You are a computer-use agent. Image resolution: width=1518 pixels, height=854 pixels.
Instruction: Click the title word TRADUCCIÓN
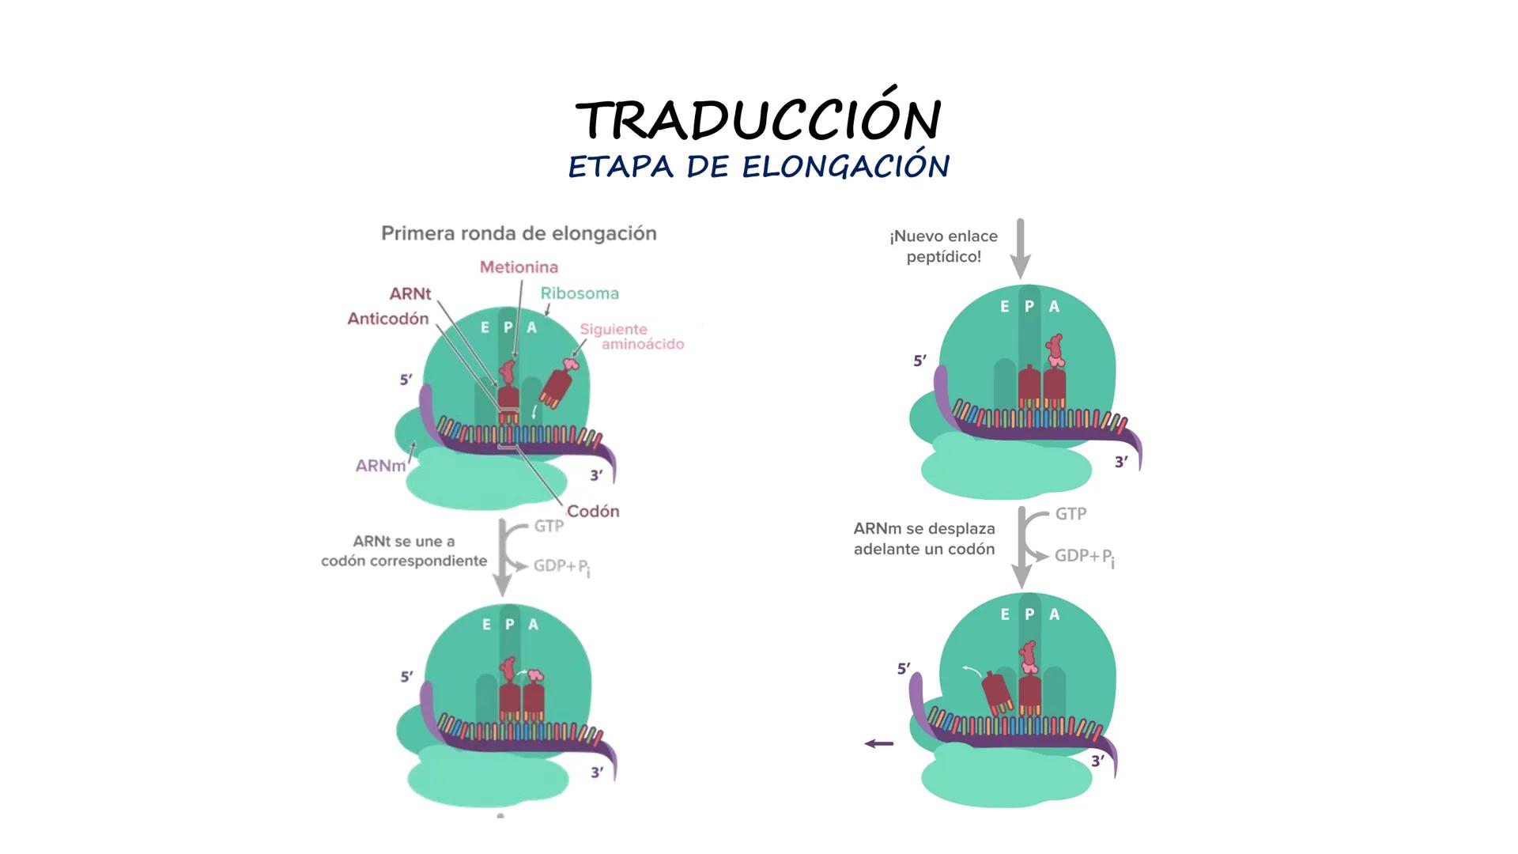[x=758, y=120]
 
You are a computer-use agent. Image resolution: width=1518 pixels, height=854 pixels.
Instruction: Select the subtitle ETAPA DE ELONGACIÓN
[x=758, y=167]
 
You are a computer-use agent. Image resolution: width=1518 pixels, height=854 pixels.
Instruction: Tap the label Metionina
[x=519, y=267]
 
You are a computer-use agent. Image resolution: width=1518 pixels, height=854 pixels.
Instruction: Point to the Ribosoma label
[x=580, y=293]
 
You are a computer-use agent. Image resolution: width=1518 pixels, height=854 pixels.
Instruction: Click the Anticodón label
[x=388, y=319]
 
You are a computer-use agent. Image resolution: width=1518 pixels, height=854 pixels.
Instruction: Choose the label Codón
[x=593, y=512]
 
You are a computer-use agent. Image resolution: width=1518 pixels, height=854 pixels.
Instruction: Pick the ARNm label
[x=380, y=466]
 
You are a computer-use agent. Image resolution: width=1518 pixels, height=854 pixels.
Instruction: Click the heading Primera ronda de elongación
[x=519, y=233]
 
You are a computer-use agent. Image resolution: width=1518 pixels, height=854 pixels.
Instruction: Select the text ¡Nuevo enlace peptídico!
[x=943, y=246]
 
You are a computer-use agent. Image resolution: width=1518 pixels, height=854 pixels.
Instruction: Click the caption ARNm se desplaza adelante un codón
[x=924, y=538]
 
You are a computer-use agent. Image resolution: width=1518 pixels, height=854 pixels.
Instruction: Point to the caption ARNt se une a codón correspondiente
[x=404, y=551]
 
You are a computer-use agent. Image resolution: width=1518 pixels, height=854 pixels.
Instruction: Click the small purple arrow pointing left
[x=879, y=743]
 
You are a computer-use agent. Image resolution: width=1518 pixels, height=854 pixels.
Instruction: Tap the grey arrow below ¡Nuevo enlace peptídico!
[x=1021, y=248]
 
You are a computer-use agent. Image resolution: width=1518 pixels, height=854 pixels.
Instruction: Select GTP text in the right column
[x=1071, y=514]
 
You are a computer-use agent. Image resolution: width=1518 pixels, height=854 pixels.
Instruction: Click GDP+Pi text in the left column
[x=561, y=566]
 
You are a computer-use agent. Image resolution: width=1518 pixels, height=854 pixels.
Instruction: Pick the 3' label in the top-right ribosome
[x=1121, y=462]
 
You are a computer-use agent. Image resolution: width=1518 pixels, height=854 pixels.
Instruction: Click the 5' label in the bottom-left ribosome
[x=406, y=677]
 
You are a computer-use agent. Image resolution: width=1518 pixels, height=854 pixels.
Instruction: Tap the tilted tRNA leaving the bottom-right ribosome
[x=996, y=692]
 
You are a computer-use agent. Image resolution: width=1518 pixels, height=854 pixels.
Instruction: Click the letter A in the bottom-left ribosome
[x=534, y=625]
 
